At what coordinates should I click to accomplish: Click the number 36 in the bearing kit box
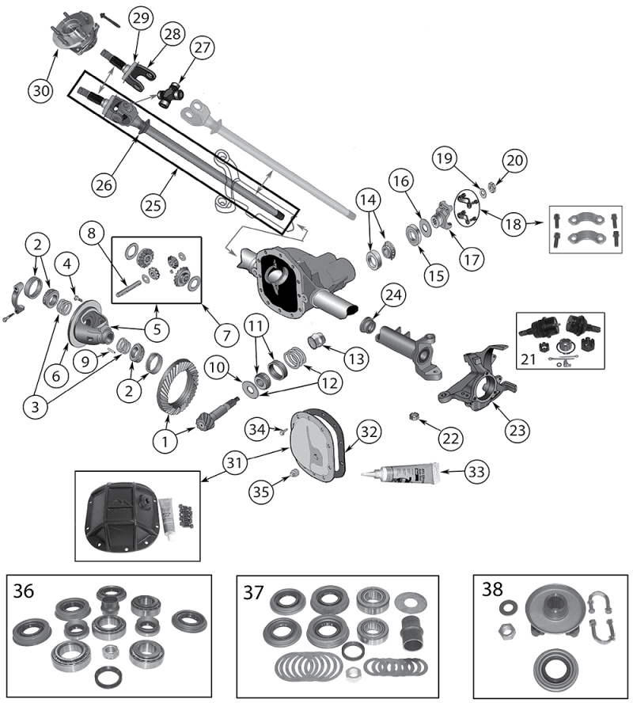click(24, 591)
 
